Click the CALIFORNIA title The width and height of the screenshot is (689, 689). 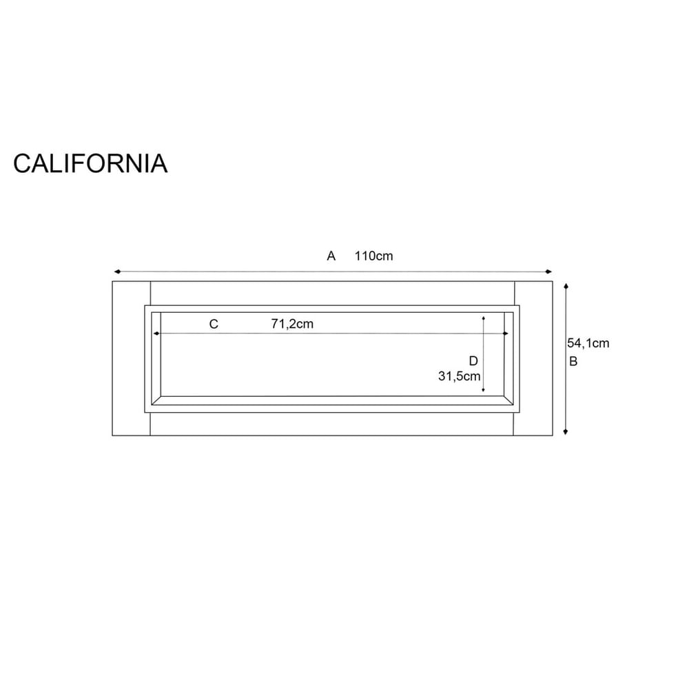coord(90,163)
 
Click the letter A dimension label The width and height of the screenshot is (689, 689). coord(331,256)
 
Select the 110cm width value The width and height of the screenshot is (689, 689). coord(374,256)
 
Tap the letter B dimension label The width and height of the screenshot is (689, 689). coord(573,362)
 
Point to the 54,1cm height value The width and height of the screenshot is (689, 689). coord(588,342)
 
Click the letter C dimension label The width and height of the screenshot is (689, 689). coord(214,324)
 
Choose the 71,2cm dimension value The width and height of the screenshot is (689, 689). coord(292,324)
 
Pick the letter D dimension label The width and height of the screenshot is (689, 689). coord(473,361)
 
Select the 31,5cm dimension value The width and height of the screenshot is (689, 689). coord(459,376)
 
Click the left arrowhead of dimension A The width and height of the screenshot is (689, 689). coord(116,271)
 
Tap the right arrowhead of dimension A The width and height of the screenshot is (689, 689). coord(550,271)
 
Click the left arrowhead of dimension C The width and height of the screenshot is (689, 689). coord(156,333)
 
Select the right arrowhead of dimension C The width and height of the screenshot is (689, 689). coord(506,333)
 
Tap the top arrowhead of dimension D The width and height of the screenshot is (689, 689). coord(484,318)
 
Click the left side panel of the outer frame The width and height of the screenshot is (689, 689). coord(131,358)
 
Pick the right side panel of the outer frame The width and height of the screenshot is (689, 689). coord(534,358)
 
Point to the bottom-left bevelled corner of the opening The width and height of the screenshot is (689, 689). coord(156,400)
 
